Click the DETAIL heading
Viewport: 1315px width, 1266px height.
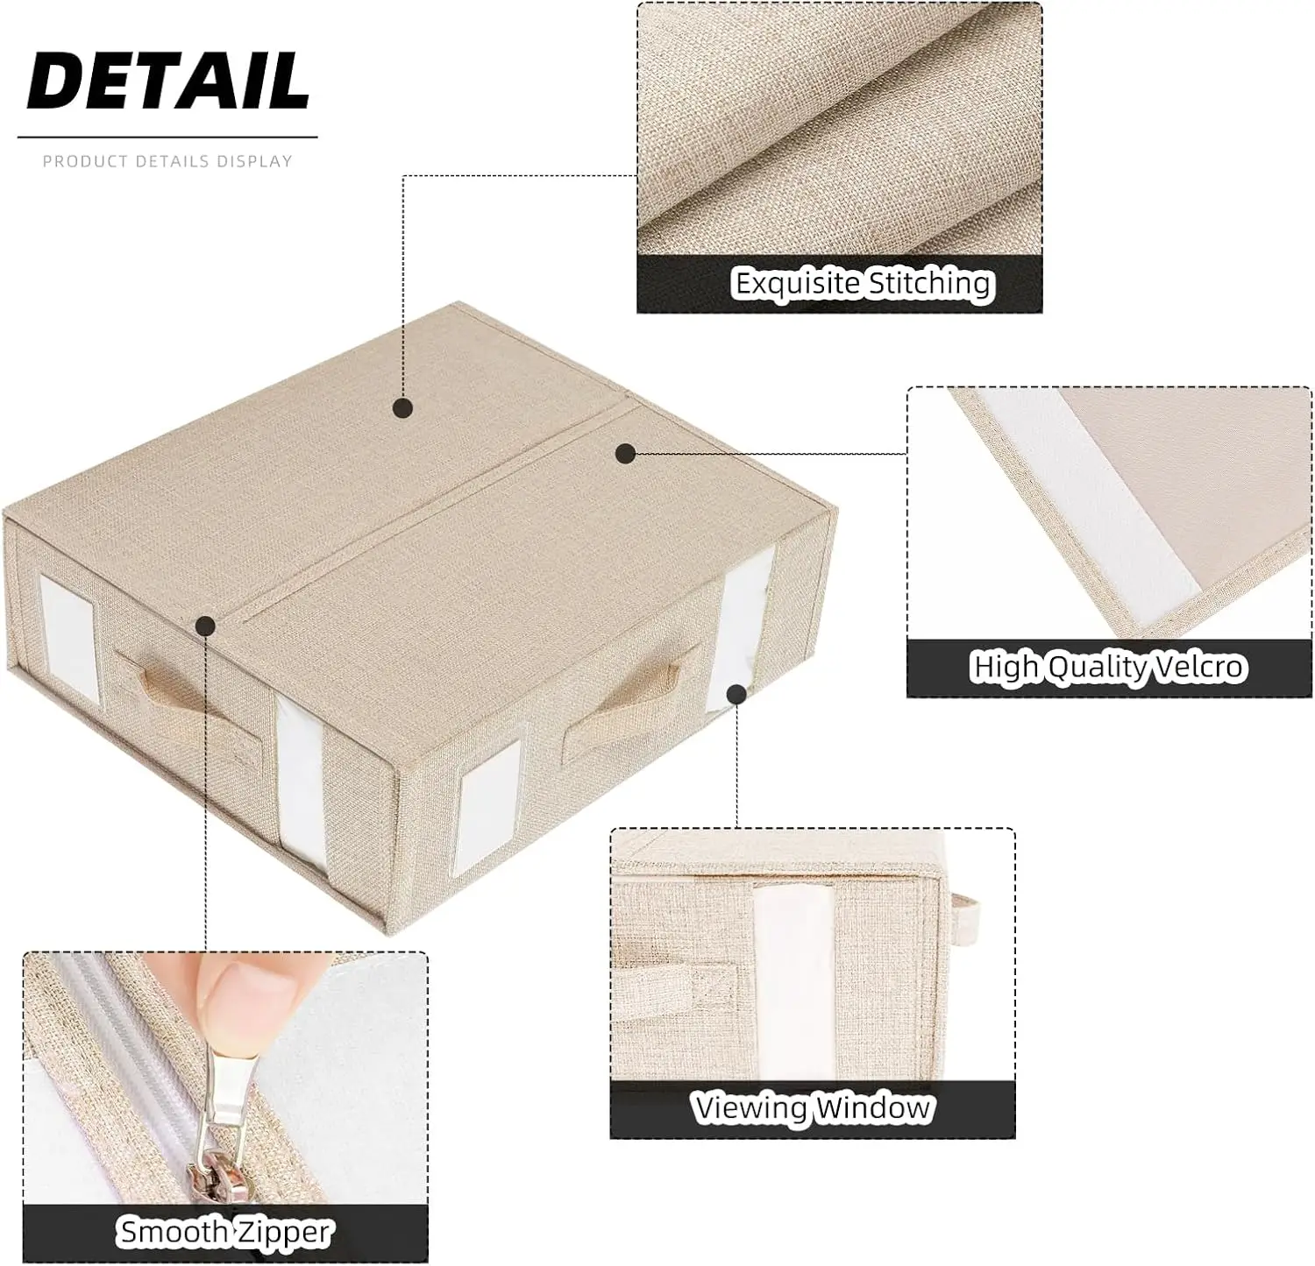pos(167,81)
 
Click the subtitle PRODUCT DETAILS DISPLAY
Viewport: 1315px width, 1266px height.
pos(167,161)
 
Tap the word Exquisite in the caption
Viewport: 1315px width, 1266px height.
pos(797,283)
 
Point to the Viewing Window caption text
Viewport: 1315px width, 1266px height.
pos(812,1108)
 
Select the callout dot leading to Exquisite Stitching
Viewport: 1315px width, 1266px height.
pos(402,407)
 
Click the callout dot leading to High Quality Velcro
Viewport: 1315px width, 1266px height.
pos(625,453)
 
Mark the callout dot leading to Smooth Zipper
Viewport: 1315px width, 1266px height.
pos(205,625)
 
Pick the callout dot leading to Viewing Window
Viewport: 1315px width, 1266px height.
pos(736,695)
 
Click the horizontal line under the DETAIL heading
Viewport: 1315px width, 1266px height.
pos(167,138)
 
